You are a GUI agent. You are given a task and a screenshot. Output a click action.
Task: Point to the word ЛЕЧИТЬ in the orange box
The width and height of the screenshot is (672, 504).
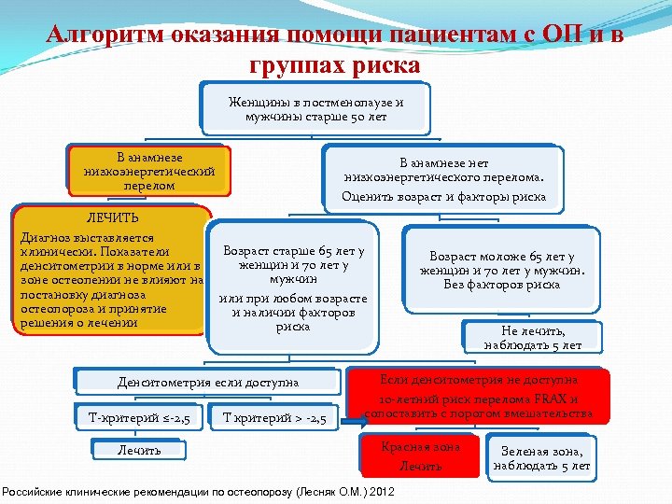click(112, 217)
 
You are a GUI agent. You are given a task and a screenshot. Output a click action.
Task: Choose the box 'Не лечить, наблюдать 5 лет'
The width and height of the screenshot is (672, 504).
click(532, 338)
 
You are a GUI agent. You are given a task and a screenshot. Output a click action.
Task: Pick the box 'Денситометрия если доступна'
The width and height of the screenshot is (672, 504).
click(207, 382)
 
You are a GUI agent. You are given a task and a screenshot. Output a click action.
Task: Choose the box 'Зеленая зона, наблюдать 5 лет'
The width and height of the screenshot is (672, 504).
click(541, 457)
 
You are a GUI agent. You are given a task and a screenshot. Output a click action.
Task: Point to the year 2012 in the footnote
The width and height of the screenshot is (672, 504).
click(383, 491)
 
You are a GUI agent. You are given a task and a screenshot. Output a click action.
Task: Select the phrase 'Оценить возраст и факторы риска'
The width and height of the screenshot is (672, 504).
click(443, 196)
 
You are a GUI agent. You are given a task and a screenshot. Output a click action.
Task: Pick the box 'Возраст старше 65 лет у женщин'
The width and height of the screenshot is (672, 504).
click(293, 288)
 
